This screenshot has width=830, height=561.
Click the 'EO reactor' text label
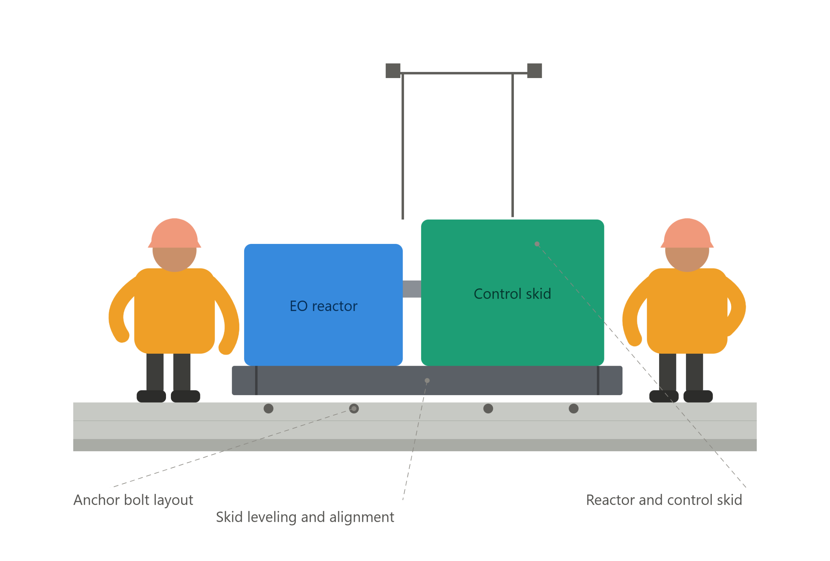pyautogui.click(x=323, y=306)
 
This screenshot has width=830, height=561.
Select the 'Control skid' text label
pyautogui.click(x=512, y=294)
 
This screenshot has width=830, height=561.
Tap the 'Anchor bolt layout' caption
pyautogui.click(x=133, y=500)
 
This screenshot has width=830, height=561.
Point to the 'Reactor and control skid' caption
pyautogui.click(x=664, y=500)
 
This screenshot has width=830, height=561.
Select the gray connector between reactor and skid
pyautogui.click(x=412, y=289)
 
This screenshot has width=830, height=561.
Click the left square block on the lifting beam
pyautogui.click(x=393, y=71)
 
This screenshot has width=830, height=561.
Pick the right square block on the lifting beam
pyautogui.click(x=535, y=71)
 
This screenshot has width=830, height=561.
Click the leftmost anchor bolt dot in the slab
pyautogui.click(x=268, y=409)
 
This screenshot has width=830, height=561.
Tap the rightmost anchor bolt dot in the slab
pyautogui.click(x=574, y=409)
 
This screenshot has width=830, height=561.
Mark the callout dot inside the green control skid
pyautogui.click(x=537, y=244)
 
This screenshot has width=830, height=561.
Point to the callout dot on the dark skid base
pyautogui.click(x=427, y=381)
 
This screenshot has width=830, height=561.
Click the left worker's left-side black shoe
pyautogui.click(x=151, y=396)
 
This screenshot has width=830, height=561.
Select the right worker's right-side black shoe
pyautogui.click(x=698, y=396)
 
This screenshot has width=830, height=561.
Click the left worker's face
pyautogui.click(x=175, y=259)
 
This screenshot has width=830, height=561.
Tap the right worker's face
pyautogui.click(x=687, y=259)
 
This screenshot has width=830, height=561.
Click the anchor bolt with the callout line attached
pyautogui.click(x=354, y=409)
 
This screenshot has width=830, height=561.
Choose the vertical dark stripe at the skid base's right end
pyautogui.click(x=598, y=380)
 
